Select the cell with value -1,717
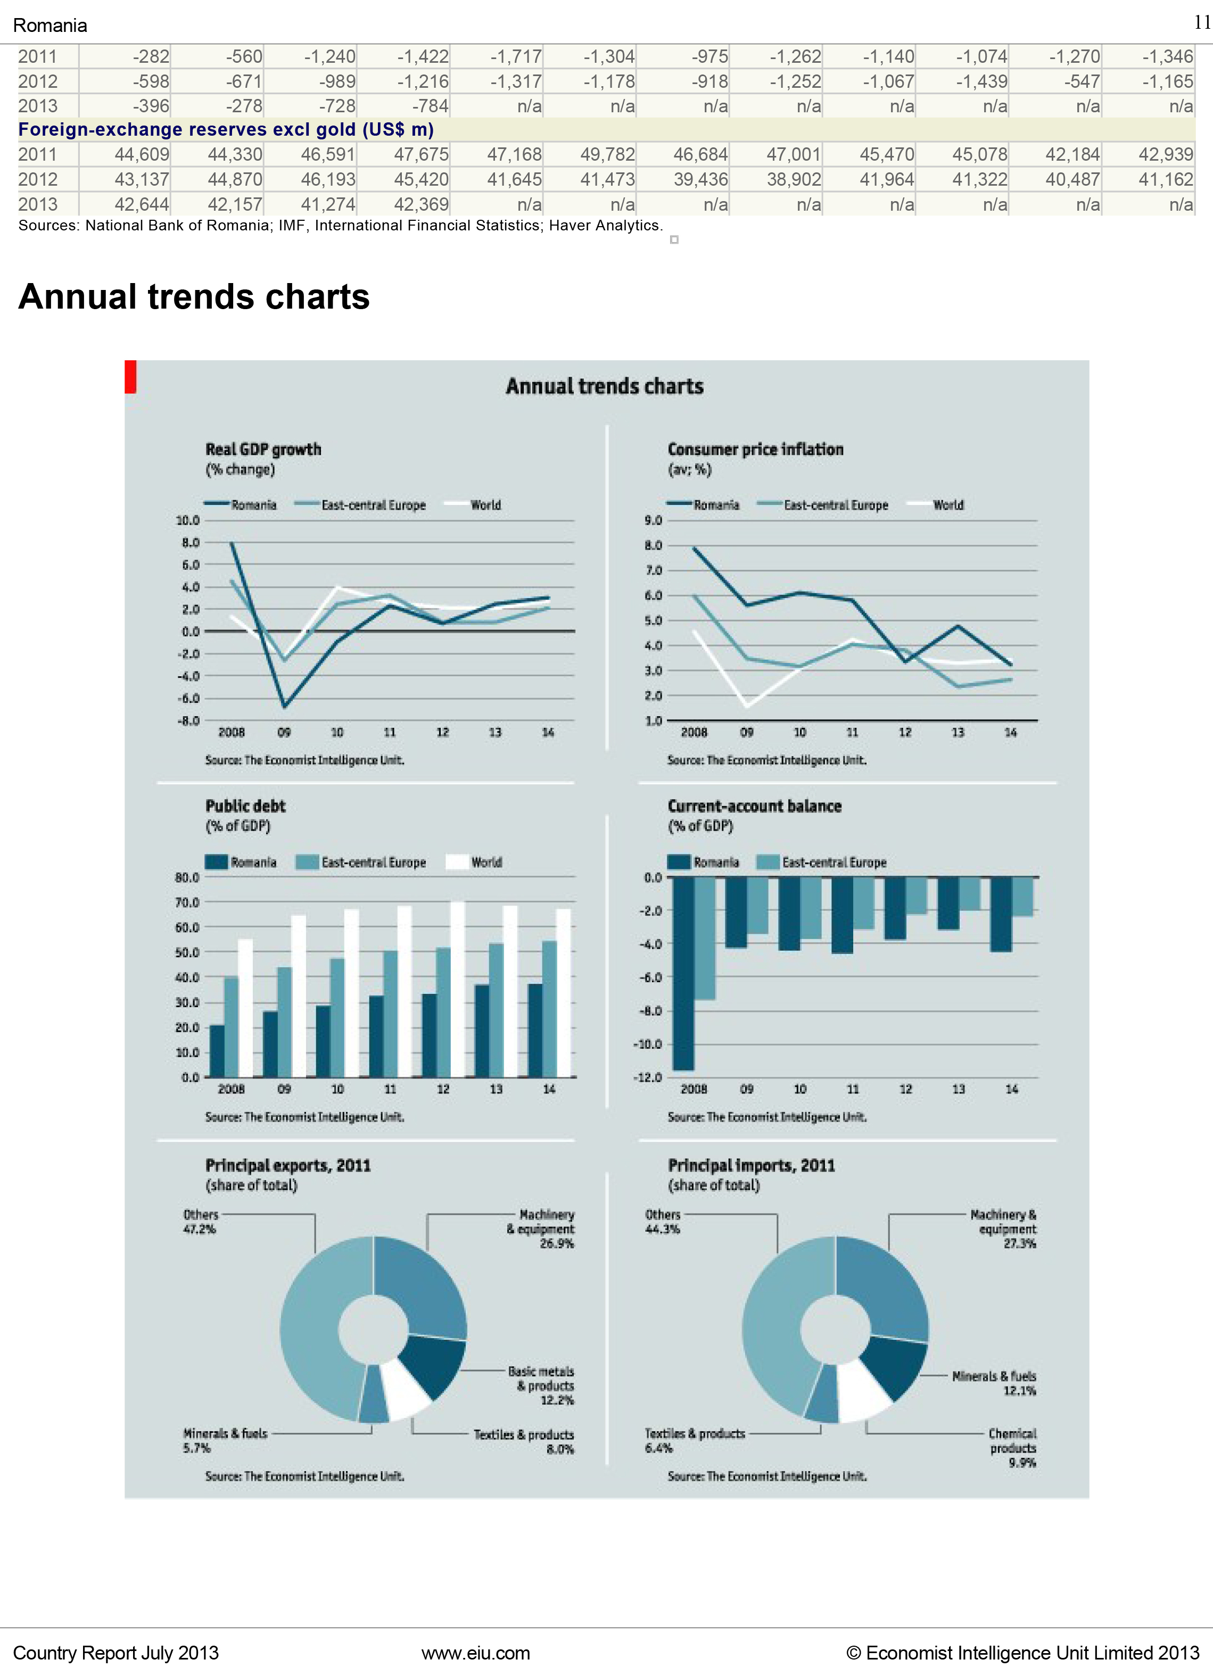(515, 57)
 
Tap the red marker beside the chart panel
(130, 376)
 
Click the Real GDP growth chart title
(263, 449)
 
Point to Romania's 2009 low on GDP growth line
(284, 706)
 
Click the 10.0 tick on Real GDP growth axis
(188, 521)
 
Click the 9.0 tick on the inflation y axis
(653, 521)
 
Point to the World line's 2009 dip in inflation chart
(747, 706)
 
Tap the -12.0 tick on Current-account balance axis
(648, 1077)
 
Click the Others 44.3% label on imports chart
(662, 1222)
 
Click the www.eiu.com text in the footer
(475, 1653)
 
